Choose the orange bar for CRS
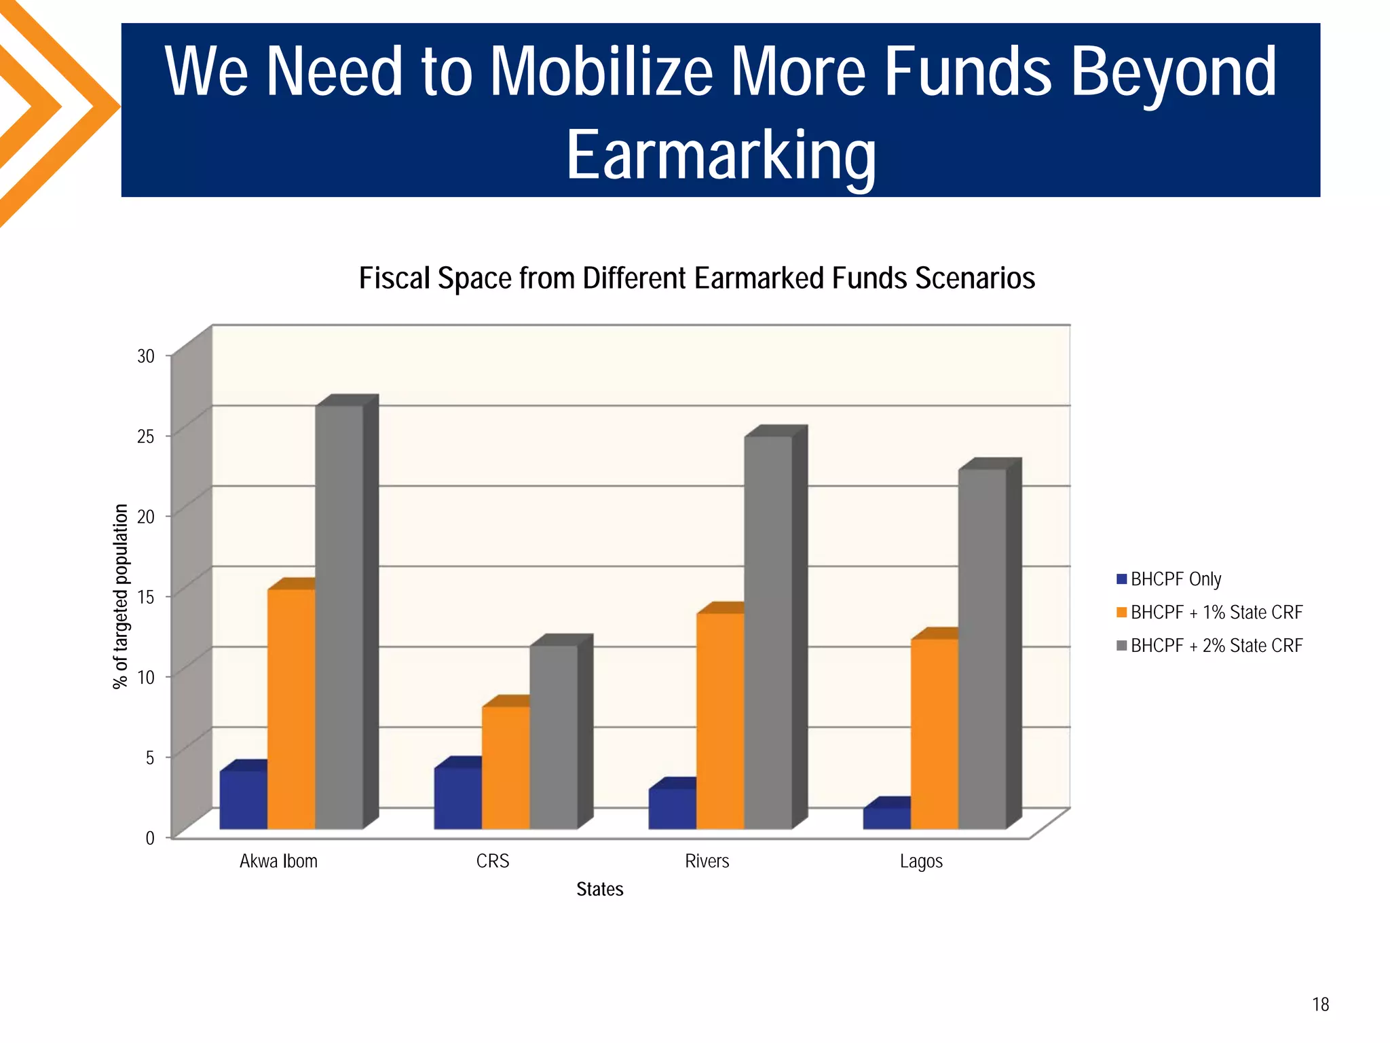(x=506, y=767)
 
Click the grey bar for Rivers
(x=768, y=632)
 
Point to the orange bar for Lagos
(x=934, y=733)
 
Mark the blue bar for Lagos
(x=886, y=818)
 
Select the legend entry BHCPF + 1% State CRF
(x=1216, y=612)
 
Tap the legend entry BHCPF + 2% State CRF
(x=1216, y=646)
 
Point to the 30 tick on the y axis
(x=146, y=356)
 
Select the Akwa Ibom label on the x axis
(x=278, y=861)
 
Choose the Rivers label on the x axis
(x=707, y=861)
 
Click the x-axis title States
(x=599, y=889)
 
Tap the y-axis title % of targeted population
(x=121, y=596)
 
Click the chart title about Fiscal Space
(x=696, y=278)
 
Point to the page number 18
(x=1320, y=1004)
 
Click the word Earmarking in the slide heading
(x=720, y=156)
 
